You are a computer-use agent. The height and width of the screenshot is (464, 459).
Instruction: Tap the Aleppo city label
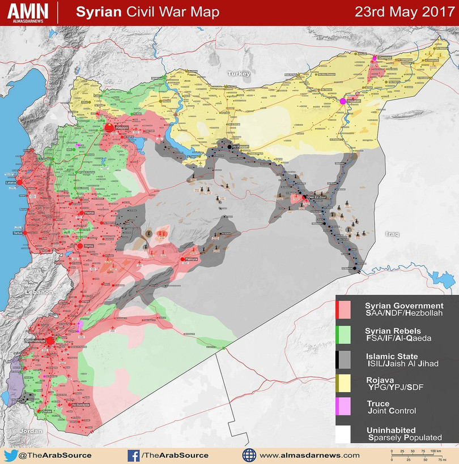click(122, 128)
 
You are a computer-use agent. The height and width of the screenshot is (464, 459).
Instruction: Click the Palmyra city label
click(192, 260)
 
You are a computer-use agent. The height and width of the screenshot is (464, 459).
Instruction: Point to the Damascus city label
click(35, 341)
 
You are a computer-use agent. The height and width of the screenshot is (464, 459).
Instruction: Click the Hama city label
click(88, 213)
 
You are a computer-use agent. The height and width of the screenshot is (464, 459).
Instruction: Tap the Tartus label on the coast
click(16, 233)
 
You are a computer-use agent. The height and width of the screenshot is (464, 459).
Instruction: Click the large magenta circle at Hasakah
click(343, 101)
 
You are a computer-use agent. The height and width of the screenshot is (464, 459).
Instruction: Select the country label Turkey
click(239, 74)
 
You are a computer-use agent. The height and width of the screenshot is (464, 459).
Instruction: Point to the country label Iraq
click(393, 234)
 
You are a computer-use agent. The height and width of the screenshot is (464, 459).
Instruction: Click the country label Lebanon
click(38, 292)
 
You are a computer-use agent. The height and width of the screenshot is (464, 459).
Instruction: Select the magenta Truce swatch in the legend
click(342, 406)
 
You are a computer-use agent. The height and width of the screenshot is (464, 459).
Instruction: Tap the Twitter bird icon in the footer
click(10, 455)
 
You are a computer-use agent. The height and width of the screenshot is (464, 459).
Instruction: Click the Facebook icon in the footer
click(134, 455)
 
